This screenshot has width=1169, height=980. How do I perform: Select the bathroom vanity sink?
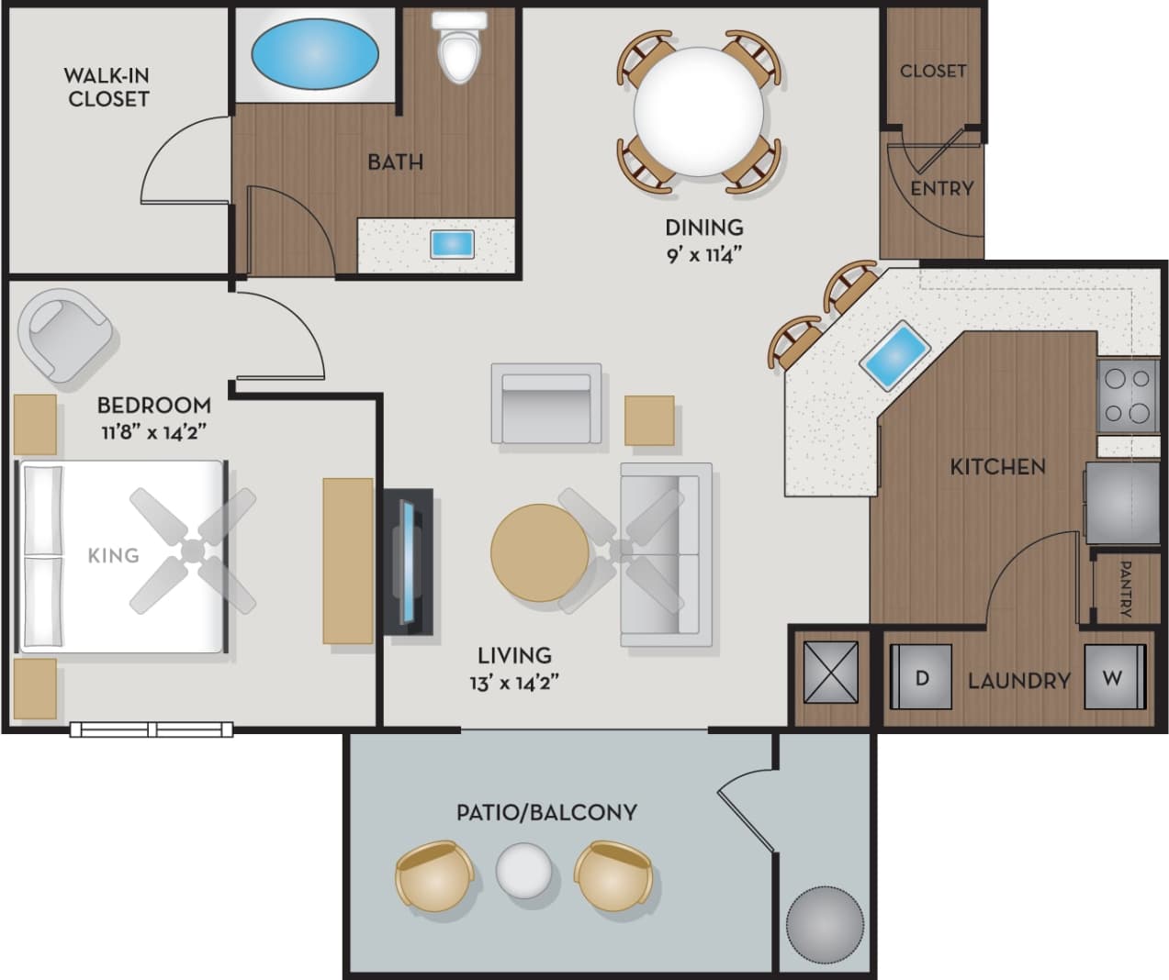coord(452,244)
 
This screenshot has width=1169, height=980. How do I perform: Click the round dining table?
coord(699,112)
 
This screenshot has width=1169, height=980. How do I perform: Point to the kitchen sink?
coord(894,356)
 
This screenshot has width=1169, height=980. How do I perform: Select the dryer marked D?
coord(922,678)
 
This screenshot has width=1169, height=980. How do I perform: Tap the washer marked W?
coord(1114,678)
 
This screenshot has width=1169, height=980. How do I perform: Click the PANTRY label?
coord(1124,588)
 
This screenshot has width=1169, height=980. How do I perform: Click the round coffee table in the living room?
coord(539,553)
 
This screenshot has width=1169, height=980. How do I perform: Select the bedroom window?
coord(152,729)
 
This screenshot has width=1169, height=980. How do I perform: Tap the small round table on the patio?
coord(525,872)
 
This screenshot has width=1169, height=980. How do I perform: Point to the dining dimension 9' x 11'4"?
coord(703,254)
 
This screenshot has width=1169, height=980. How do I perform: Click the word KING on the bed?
coord(113,555)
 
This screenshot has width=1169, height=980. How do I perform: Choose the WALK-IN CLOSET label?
coord(107,87)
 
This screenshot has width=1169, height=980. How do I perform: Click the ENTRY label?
coord(941,188)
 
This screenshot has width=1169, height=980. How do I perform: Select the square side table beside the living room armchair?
coord(649,420)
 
